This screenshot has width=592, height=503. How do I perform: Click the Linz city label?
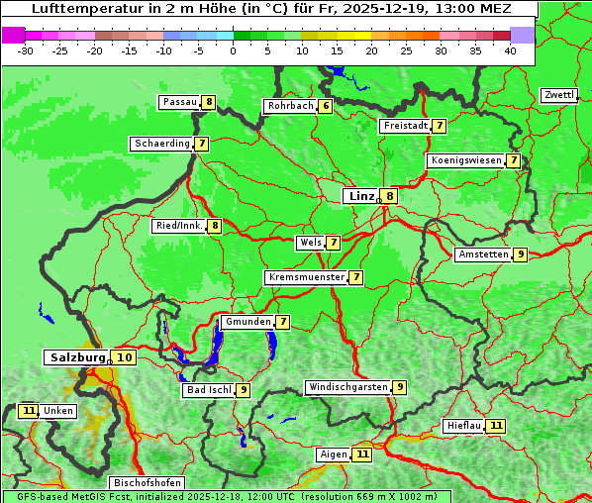tap(360, 196)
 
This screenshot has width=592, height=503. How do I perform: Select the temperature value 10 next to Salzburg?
tap(124, 357)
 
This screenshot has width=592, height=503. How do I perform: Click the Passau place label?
tap(179, 102)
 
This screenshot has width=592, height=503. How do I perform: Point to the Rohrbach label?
tap(289, 106)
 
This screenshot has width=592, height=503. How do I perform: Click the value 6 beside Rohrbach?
tap(325, 106)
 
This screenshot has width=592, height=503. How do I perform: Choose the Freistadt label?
tap(404, 126)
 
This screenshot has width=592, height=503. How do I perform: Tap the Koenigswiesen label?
tap(465, 160)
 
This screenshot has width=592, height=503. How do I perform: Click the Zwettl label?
tap(558, 95)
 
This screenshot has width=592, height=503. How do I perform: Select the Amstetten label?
tap(482, 254)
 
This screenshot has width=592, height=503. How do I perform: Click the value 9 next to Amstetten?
tap(520, 254)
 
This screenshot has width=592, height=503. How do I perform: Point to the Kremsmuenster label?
tap(305, 277)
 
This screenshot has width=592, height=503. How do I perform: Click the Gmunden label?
tap(247, 322)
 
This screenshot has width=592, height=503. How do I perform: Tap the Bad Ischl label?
tap(208, 390)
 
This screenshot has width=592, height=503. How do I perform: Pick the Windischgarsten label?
tap(346, 387)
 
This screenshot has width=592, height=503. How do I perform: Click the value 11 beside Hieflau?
tap(495, 426)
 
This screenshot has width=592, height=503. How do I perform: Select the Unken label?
tap(57, 411)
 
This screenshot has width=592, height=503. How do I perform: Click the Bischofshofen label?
tap(146, 483)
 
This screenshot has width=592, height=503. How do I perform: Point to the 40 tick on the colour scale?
tap(510, 50)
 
